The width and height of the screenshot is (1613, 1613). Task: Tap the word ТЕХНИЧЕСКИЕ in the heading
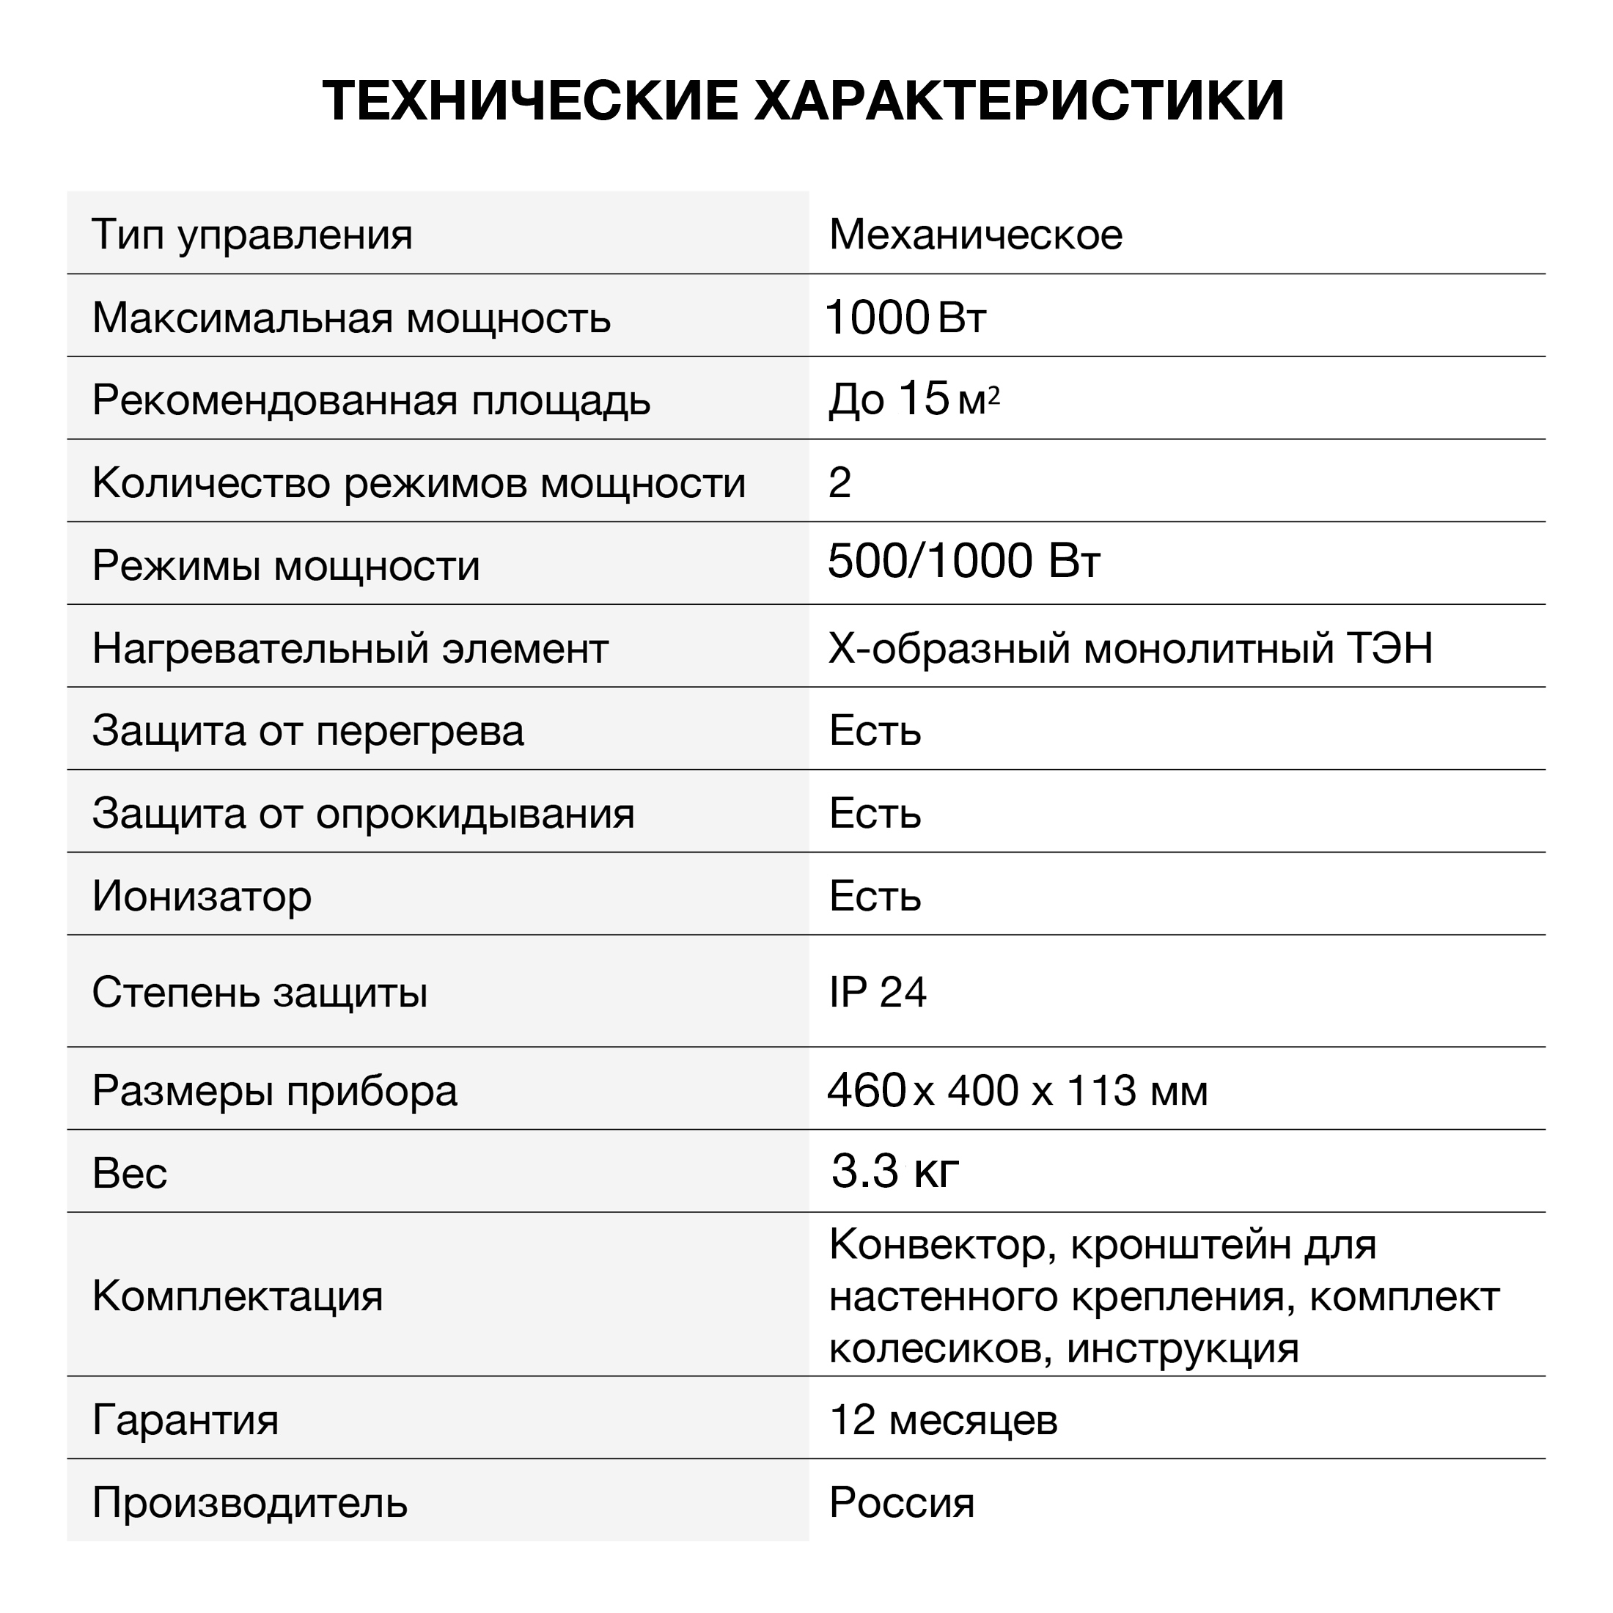pyautogui.click(x=531, y=102)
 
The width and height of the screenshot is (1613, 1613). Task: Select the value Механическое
pyautogui.click(x=975, y=235)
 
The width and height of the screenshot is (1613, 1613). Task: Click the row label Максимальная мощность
pyautogui.click(x=351, y=318)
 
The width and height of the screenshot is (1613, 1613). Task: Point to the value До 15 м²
pyautogui.click(x=914, y=399)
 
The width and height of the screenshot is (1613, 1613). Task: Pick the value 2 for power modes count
pyautogui.click(x=839, y=482)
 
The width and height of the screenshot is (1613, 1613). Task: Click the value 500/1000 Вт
pyautogui.click(x=963, y=561)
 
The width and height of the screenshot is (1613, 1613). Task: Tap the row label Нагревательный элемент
pyautogui.click(x=350, y=649)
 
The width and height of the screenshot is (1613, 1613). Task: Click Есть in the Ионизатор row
pyautogui.click(x=874, y=897)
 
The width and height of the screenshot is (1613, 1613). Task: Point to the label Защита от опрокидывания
pyautogui.click(x=363, y=814)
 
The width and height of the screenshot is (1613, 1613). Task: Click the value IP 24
pyautogui.click(x=878, y=993)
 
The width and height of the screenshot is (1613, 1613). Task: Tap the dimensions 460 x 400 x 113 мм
pyautogui.click(x=1017, y=1091)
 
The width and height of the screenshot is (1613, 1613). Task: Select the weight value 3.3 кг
pyautogui.click(x=895, y=1172)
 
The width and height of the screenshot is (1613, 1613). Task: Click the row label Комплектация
pyautogui.click(x=237, y=1296)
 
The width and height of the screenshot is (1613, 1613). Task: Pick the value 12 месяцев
pyautogui.click(x=944, y=1420)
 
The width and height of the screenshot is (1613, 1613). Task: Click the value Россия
pyautogui.click(x=902, y=1503)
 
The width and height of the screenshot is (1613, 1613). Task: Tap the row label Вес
pyautogui.click(x=130, y=1174)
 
